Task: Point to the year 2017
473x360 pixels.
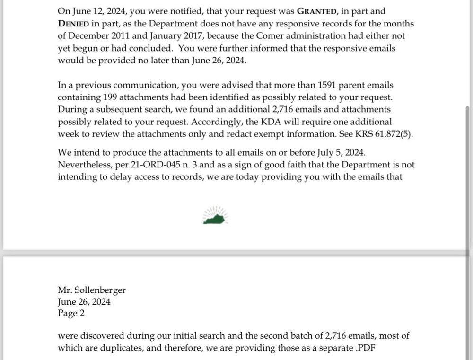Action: click(x=202, y=35)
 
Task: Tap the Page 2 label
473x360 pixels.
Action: click(x=70, y=313)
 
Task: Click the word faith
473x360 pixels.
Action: click(x=270, y=165)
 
